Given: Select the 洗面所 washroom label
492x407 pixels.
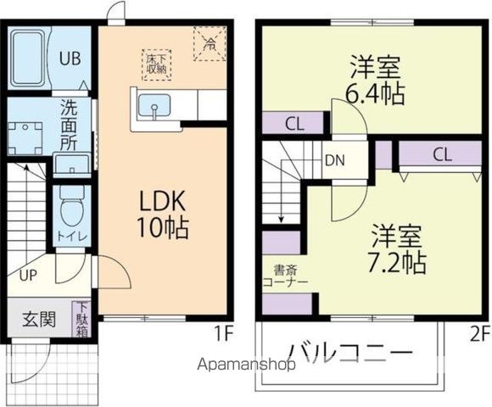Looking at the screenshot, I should pos(70,125).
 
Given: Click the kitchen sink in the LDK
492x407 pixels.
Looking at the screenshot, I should pos(154,108).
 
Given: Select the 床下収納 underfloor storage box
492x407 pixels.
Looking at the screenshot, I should pos(157,64).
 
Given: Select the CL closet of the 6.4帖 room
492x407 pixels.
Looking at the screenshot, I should pos(294,124).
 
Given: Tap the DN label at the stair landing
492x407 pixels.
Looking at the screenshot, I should pos(333,159).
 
